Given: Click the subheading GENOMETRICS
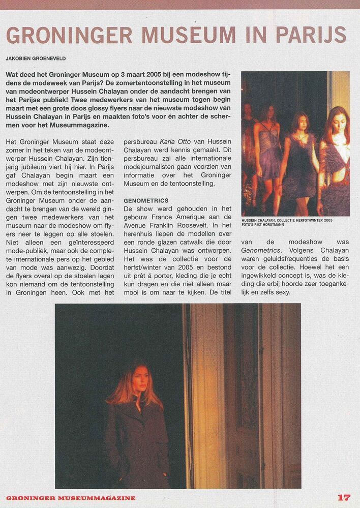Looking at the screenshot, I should tap(146, 201).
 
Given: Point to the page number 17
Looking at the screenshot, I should tap(344, 497).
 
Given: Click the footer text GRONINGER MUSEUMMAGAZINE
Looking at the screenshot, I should tap(71, 498).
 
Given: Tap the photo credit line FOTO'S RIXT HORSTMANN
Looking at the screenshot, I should tap(267, 225).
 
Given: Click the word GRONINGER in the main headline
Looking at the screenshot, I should tap(69, 35).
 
